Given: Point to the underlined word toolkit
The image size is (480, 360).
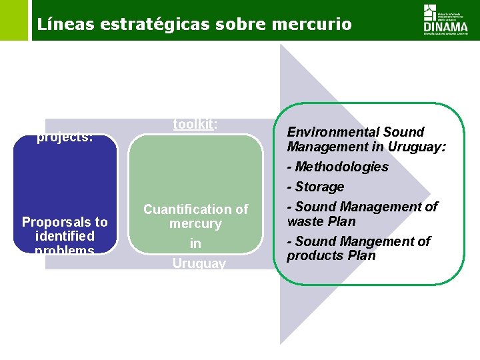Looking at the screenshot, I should pos(195,124).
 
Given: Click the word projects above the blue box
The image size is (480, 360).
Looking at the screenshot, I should pos(64,137).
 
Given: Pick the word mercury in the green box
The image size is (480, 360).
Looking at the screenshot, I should pos(195,224).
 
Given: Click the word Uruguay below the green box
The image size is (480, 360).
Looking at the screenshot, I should pos(199,263).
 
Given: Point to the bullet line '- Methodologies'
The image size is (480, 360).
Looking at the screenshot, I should pos(337,167).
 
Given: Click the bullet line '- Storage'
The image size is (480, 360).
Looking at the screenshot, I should pos(315,187).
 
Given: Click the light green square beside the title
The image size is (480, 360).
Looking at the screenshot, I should pos(14,20).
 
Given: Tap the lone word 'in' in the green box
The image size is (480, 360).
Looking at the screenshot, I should pos(195,244).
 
